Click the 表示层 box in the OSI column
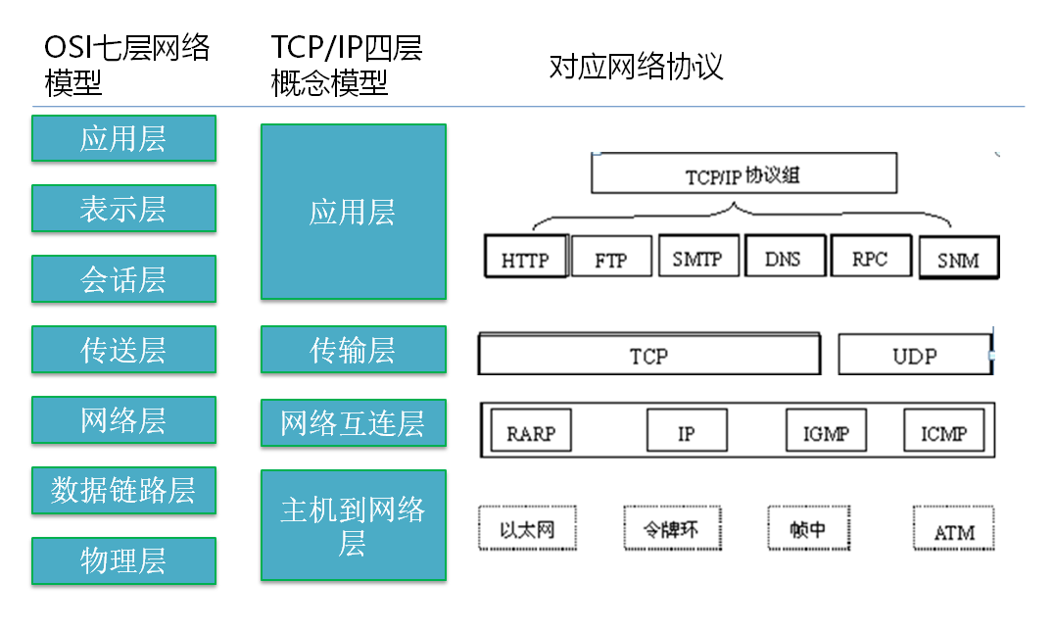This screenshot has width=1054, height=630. click(123, 209)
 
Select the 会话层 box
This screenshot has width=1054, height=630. click(123, 279)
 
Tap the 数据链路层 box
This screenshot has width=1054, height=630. click(123, 490)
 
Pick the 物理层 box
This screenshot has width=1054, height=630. click(123, 561)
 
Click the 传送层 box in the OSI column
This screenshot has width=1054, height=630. click(123, 350)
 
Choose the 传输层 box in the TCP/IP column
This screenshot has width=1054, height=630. click(353, 350)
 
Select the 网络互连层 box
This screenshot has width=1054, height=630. click(353, 423)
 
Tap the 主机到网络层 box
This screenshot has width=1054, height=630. click(353, 525)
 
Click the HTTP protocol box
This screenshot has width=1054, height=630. click(526, 258)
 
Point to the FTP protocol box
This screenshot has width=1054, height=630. click(611, 259)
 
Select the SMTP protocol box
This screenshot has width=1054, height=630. click(697, 257)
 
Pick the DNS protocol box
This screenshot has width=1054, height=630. click(783, 257)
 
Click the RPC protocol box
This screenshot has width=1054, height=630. click(870, 257)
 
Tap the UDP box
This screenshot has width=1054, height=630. click(914, 355)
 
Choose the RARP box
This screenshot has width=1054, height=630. click(531, 431)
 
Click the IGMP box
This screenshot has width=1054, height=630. click(826, 431)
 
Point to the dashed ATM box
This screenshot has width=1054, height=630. click(953, 530)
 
